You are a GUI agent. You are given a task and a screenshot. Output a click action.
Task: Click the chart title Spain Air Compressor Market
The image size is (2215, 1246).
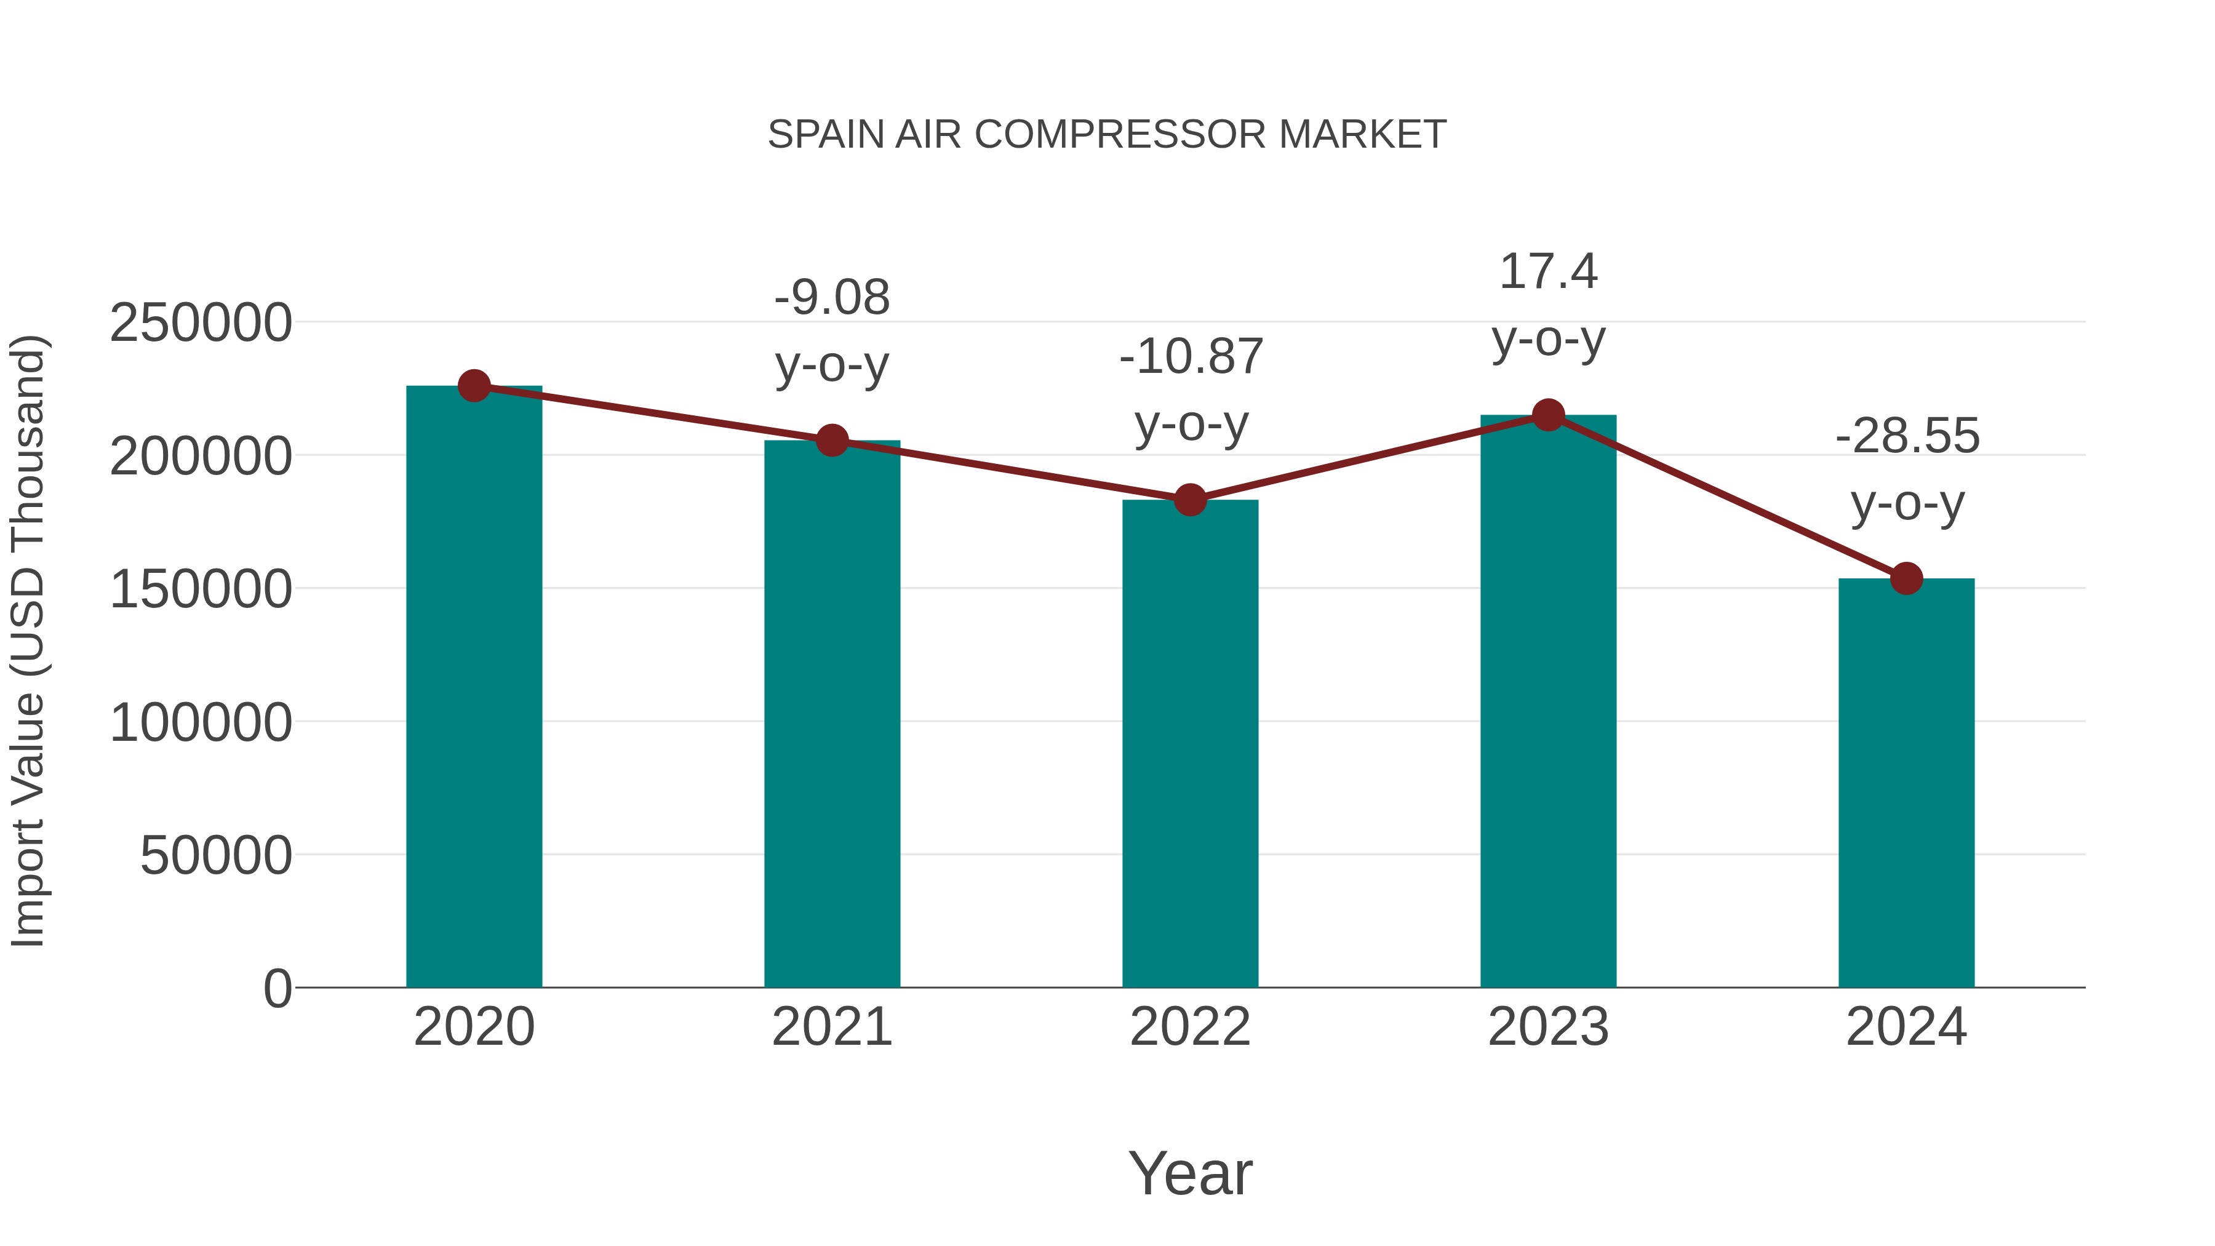tap(1107, 135)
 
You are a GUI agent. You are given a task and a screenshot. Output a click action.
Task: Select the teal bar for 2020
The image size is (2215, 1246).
tap(474, 688)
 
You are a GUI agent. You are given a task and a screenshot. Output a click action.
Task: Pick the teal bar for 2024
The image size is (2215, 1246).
tap(1906, 783)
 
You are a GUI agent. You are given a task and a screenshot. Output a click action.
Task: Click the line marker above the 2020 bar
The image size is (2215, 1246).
tap(474, 386)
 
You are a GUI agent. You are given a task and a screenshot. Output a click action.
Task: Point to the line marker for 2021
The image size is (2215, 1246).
tap(831, 441)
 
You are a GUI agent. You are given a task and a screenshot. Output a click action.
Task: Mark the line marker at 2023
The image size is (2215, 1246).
tap(1548, 415)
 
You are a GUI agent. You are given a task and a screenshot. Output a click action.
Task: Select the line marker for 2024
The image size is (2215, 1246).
tap(1906, 579)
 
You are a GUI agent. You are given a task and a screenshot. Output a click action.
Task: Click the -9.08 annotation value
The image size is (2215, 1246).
tap(831, 298)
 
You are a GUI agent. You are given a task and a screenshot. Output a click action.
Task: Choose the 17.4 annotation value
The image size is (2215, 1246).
tap(1548, 272)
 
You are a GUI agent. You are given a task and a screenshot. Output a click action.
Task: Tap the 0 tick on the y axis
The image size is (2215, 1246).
tap(277, 988)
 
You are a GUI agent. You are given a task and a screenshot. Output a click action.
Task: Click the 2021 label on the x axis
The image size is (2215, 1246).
tap(831, 1027)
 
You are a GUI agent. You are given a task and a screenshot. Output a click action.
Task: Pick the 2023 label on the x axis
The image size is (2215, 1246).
tap(1548, 1027)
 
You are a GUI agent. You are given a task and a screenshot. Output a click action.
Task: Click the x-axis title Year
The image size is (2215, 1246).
tap(1190, 1173)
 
